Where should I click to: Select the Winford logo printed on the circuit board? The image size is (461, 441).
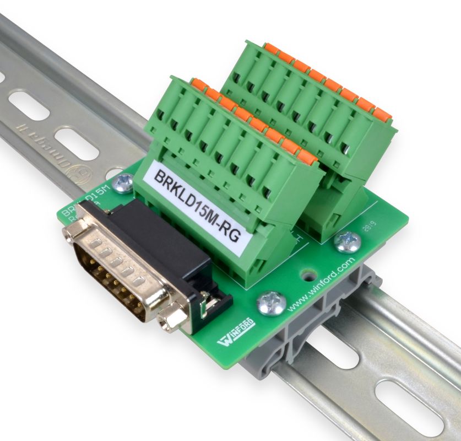pos(237,331)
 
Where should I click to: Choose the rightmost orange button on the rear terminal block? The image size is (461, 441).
pos(382,115)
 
